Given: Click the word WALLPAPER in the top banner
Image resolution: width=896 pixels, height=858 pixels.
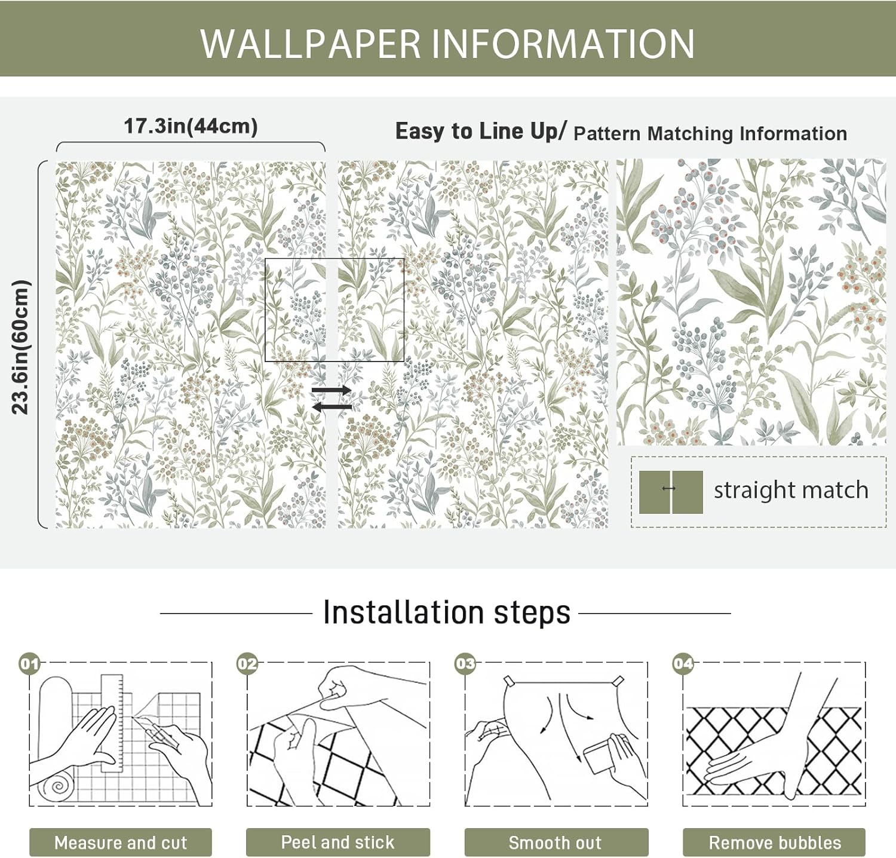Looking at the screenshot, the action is [310, 44].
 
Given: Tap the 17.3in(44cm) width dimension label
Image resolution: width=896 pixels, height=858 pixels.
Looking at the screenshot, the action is [191, 126].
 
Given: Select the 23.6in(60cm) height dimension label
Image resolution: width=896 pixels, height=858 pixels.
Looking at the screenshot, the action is [20, 347].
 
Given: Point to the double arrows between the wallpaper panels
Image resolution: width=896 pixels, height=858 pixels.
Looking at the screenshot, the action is [332, 399].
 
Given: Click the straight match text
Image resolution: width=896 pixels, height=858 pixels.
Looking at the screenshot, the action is [791, 490].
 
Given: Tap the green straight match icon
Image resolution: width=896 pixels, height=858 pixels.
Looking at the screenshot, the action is [670, 492].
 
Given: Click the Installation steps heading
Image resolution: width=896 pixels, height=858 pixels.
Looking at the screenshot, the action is [446, 612].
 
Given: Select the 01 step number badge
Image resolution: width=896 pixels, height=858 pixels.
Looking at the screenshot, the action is [29, 664].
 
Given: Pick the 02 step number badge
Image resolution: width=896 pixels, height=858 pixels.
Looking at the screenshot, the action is [247, 664].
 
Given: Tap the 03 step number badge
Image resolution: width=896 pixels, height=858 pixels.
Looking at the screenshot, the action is [465, 664].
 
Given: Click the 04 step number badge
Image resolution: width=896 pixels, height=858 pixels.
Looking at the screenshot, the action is [683, 664].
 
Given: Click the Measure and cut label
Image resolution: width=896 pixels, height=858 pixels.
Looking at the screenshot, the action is [121, 842].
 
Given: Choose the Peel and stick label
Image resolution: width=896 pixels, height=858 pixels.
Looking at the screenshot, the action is [337, 842].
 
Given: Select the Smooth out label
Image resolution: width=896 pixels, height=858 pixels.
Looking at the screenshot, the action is [555, 842].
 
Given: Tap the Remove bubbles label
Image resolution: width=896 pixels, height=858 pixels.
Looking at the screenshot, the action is [774, 842].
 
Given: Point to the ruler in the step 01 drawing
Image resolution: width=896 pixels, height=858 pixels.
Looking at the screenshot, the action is [112, 723].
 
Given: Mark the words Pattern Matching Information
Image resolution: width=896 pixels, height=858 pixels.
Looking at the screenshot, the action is [710, 133].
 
